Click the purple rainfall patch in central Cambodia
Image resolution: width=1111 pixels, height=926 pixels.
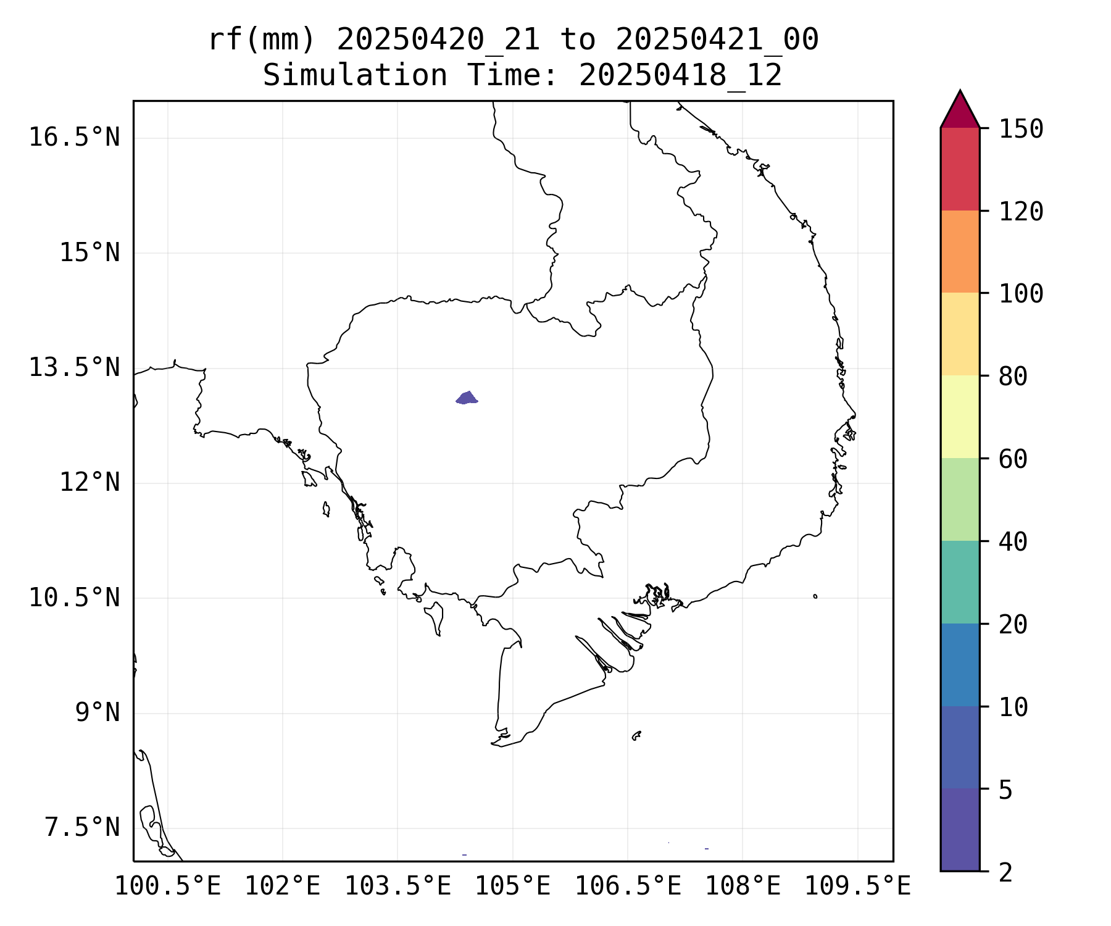pyautogui.click(x=467, y=398)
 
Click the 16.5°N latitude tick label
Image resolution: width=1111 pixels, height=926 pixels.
pyautogui.click(x=74, y=137)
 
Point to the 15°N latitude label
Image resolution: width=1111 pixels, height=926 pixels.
pyautogui.click(x=89, y=252)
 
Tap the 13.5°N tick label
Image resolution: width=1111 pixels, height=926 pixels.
pyautogui.click(x=74, y=367)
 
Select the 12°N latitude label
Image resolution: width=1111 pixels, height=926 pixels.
pyautogui.click(x=89, y=482)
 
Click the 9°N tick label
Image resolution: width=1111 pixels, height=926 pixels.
pyautogui.click(x=97, y=712)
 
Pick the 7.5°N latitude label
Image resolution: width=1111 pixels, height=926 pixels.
pyautogui.click(x=81, y=827)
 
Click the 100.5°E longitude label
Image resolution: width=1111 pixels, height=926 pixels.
pyautogui.click(x=168, y=886)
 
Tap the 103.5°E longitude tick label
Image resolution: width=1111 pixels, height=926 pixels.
pyautogui.click(x=397, y=886)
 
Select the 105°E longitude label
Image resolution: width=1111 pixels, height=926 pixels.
pyautogui.click(x=512, y=886)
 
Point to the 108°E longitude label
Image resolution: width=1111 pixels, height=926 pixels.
pyautogui.click(x=743, y=886)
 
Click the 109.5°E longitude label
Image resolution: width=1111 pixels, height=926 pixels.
pyautogui.click(x=857, y=886)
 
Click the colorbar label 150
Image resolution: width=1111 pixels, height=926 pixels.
pyautogui.click(x=1021, y=129)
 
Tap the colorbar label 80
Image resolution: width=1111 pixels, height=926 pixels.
pyautogui.click(x=1013, y=376)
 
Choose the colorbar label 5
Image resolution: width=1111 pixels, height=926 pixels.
pyautogui.click(x=1005, y=789)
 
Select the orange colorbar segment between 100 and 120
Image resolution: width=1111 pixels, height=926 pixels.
pyautogui.click(x=960, y=251)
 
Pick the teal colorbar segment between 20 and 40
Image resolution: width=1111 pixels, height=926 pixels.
pyautogui.click(x=960, y=582)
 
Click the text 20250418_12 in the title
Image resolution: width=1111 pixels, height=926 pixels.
pyautogui.click(x=680, y=75)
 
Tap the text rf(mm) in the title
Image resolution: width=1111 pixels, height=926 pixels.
pyautogui.click(x=262, y=40)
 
